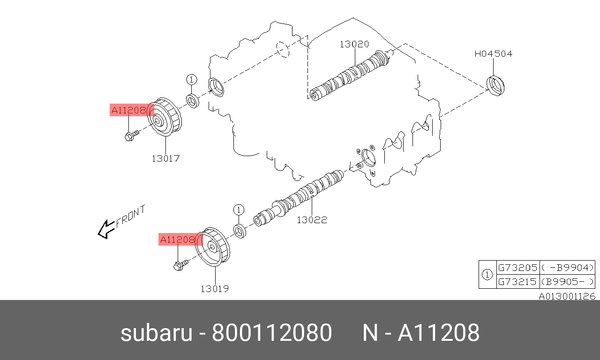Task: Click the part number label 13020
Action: point(354,44)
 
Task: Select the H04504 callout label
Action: point(493,54)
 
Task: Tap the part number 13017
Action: point(165,158)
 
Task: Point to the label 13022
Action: point(312,219)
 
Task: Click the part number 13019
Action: point(215,289)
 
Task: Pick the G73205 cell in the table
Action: point(517,268)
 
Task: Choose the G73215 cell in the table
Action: point(517,282)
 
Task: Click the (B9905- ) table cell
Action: point(567,282)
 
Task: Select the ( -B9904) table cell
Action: point(567,268)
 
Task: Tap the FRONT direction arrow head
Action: point(104,230)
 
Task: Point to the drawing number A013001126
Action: point(567,296)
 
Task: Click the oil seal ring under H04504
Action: point(496,86)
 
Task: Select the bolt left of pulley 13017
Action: point(131,136)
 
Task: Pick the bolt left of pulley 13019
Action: point(180,266)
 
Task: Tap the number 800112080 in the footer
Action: point(272,333)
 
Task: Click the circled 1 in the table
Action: point(487,274)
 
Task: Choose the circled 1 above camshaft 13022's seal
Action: point(238,209)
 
